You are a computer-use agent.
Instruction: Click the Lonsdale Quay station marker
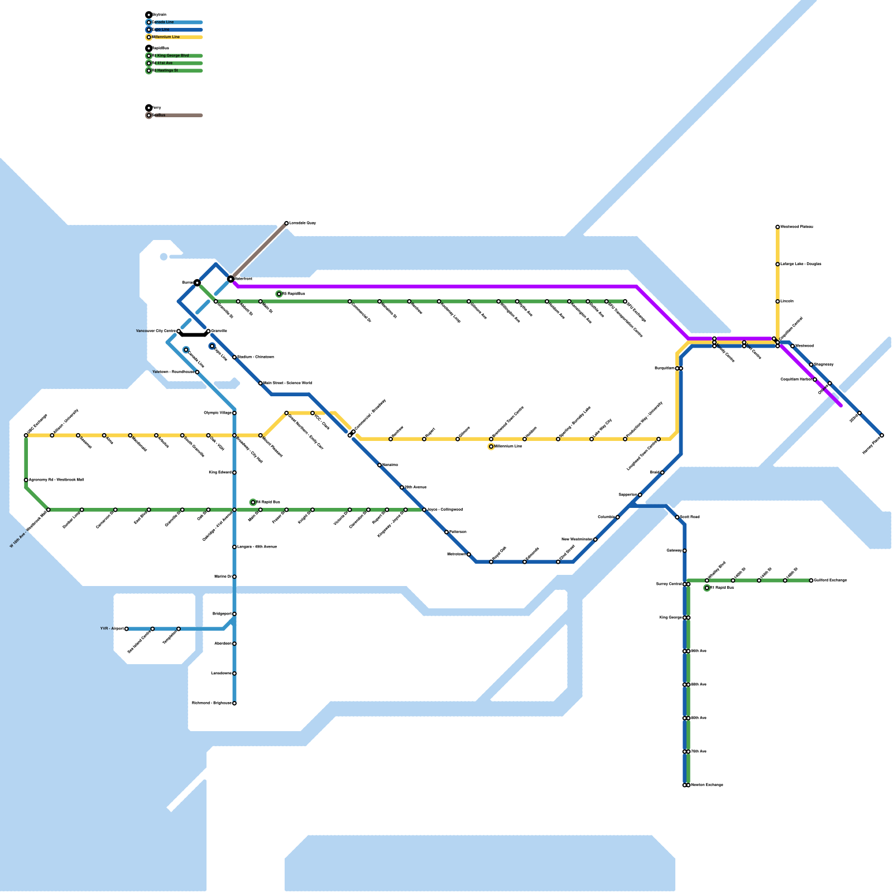tap(286, 223)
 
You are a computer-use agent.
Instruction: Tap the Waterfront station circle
tap(231, 279)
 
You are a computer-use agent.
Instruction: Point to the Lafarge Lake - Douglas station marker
tap(777, 264)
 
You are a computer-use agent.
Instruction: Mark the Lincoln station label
tap(787, 301)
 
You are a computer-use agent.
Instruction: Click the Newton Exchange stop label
tap(707, 785)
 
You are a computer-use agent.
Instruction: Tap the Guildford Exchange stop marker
tap(811, 580)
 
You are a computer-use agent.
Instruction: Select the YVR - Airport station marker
tap(127, 629)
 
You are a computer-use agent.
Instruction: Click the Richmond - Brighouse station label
tap(212, 703)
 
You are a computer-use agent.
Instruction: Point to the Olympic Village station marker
tap(234, 413)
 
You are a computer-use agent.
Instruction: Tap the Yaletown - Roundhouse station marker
tap(197, 372)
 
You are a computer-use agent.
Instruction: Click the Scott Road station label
tap(690, 517)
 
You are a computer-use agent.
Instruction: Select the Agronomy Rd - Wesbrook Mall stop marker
tap(26, 480)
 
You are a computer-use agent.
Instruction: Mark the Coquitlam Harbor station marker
tap(815, 380)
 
